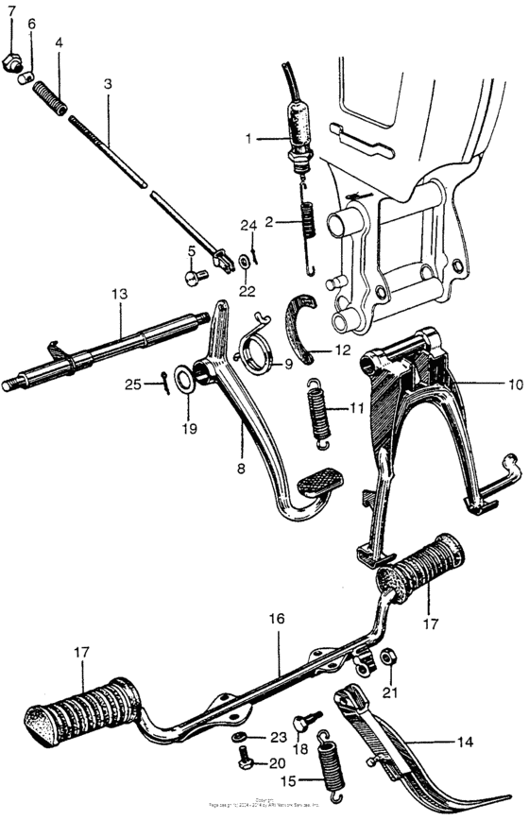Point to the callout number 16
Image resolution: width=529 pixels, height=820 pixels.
point(276,619)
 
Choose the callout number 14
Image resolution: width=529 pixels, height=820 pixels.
point(464,743)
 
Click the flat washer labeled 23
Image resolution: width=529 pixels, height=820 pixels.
point(236,737)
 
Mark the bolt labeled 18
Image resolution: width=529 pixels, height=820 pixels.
point(299,724)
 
